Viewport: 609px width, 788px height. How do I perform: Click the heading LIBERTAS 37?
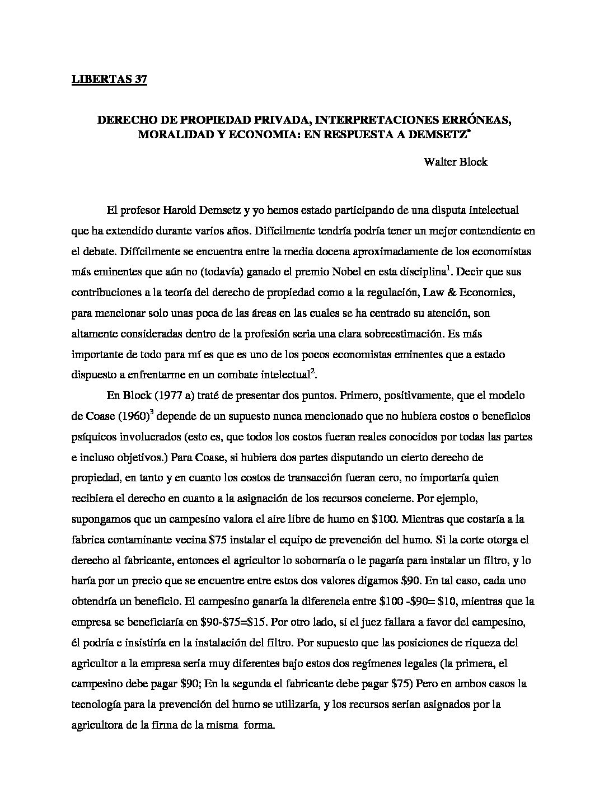[109, 79]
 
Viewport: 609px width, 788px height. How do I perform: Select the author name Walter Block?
[455, 162]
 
